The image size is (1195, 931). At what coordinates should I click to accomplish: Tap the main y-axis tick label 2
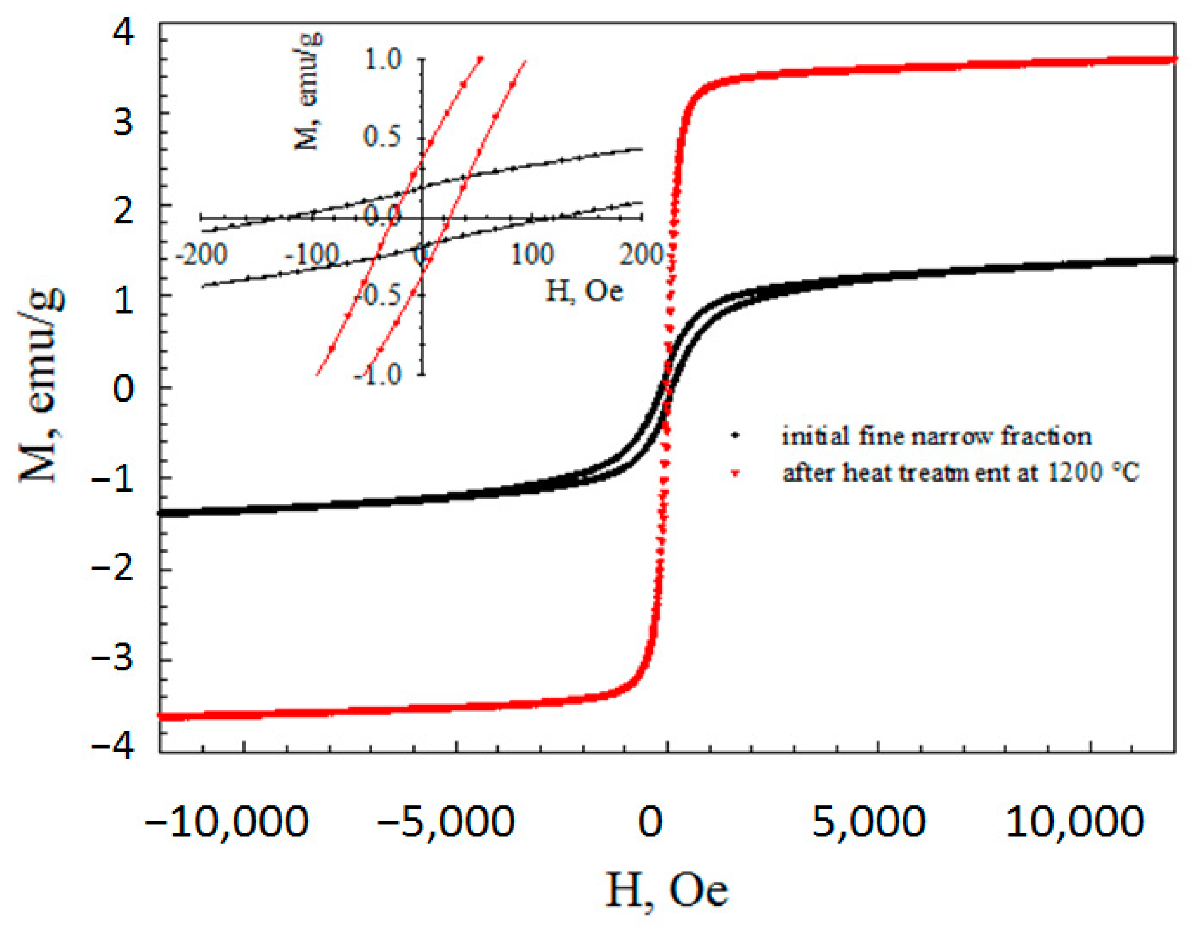(124, 211)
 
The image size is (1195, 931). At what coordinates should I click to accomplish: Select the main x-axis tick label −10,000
(227, 821)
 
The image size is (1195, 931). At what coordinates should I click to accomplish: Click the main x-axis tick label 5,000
(868, 821)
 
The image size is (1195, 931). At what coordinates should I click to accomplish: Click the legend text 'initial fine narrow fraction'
(936, 436)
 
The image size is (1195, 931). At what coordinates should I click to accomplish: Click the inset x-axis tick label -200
(201, 255)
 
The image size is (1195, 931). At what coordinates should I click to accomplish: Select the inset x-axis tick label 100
(532, 255)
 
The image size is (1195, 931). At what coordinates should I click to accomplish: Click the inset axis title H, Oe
(584, 291)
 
